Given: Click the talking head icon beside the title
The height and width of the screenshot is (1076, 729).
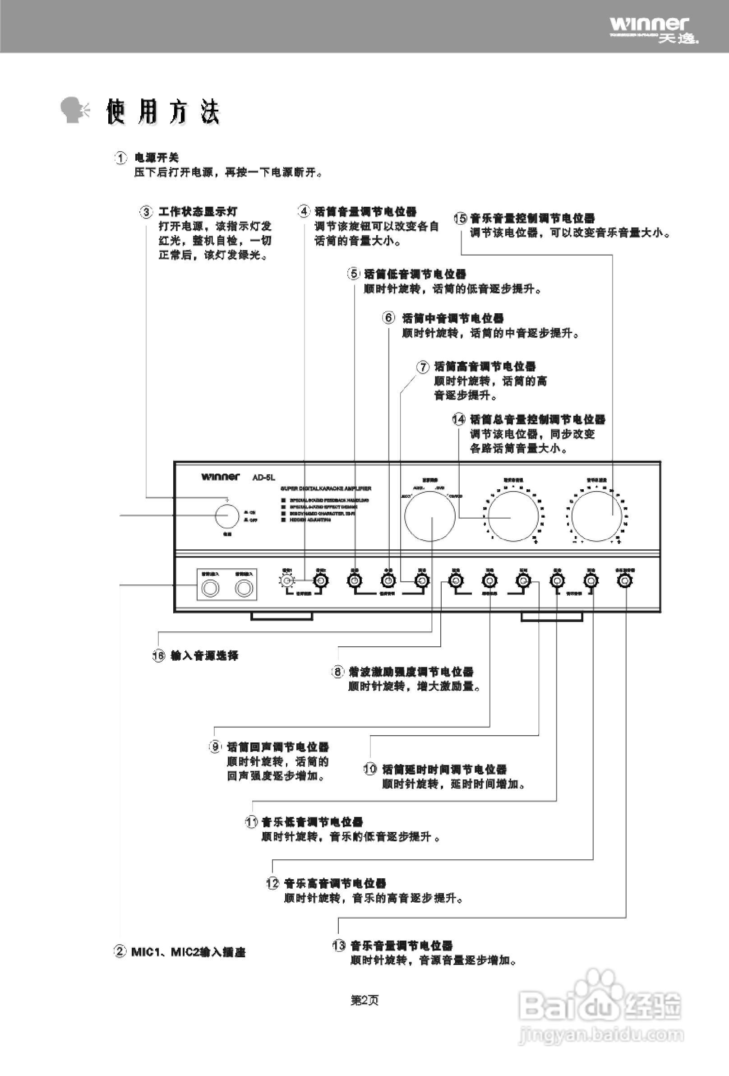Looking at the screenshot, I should coord(76,110).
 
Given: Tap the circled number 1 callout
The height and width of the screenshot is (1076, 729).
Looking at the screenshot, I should coord(120,158).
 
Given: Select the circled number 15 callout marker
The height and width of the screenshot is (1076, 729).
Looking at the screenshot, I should coord(461,218).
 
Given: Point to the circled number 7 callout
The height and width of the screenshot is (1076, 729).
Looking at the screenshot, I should coord(423,367).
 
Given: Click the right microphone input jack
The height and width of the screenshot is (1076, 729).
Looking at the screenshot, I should coord(244,589).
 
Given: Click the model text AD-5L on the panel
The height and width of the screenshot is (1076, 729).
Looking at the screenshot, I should coord(263,478).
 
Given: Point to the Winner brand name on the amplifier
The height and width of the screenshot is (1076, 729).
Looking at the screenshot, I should coord(220,477).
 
